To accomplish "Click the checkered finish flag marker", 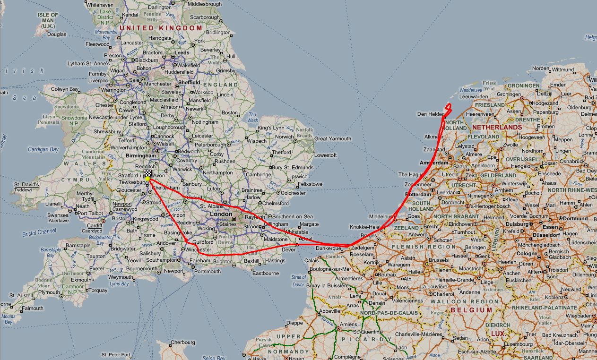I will [x=148, y=174].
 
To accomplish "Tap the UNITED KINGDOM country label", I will [x=161, y=28].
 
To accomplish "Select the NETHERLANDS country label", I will [x=497, y=128].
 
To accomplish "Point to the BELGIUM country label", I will [x=471, y=310].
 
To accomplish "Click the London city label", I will [x=221, y=214].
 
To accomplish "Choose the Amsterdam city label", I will [x=433, y=163].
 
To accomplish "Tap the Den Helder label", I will [x=430, y=114].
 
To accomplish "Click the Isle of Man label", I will [x=48, y=20].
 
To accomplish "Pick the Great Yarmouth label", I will [x=333, y=139].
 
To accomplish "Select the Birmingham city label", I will [x=141, y=155].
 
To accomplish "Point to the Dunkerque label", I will [x=328, y=248].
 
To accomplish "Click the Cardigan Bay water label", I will [x=43, y=150].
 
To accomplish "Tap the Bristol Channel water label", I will [x=40, y=232].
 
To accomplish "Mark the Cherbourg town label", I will [x=182, y=342].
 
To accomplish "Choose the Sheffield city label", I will [x=189, y=82].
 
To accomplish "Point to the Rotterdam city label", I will [x=418, y=194].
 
